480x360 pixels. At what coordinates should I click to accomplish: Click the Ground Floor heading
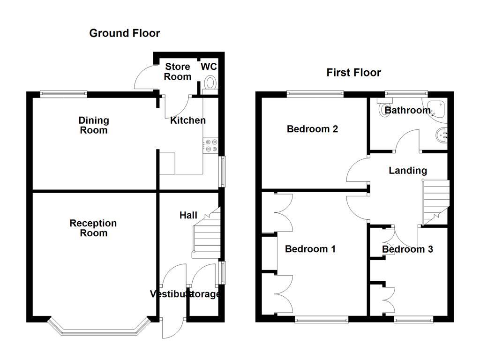(124, 33)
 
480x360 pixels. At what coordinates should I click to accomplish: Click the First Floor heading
(353, 73)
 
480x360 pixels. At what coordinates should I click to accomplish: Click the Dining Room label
(93, 126)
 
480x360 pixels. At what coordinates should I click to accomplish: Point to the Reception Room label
(93, 228)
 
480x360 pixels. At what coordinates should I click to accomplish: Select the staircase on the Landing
(436, 199)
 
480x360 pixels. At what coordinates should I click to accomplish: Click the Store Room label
(178, 72)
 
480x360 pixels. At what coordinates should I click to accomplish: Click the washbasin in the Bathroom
(442, 135)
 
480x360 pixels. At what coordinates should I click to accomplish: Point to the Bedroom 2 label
(312, 129)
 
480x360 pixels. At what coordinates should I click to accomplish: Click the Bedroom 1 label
(310, 249)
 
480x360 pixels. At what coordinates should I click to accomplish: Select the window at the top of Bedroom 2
(315, 93)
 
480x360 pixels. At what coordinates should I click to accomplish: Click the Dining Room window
(63, 93)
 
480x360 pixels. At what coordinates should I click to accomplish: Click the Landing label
(408, 171)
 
